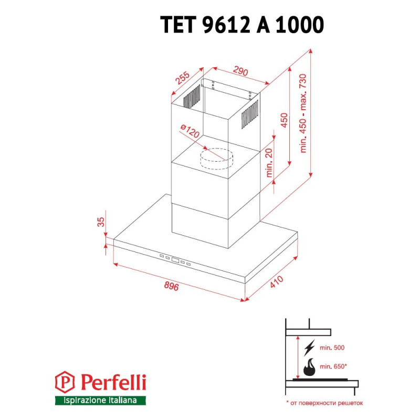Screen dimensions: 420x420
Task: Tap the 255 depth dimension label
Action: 182,79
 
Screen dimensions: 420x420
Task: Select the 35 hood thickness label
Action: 101,223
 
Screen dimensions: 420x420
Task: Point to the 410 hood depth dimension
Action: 276,284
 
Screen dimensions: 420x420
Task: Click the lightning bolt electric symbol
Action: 310,347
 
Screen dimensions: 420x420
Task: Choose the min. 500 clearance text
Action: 332,348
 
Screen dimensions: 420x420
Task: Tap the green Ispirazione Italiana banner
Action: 100,401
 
